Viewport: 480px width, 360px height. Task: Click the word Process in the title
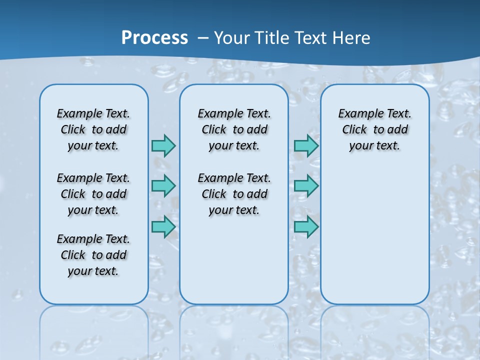click(154, 37)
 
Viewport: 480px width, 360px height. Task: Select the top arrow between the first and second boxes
click(163, 145)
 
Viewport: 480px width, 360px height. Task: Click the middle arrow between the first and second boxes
click(163, 186)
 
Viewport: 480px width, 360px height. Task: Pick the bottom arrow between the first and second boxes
click(163, 226)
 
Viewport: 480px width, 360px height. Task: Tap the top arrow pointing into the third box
click(306, 145)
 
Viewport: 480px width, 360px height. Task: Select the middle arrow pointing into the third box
click(306, 186)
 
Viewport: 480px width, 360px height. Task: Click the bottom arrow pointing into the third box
click(306, 226)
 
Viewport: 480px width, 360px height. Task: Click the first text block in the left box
click(93, 129)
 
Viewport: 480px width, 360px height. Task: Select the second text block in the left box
click(93, 194)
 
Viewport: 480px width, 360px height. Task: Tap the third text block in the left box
click(93, 255)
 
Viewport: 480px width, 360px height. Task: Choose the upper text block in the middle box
click(234, 129)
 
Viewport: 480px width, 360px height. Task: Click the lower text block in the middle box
click(234, 194)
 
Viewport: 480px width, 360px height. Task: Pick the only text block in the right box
click(375, 129)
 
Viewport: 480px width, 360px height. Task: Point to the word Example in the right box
click(357, 114)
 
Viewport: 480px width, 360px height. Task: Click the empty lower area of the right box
click(375, 240)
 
